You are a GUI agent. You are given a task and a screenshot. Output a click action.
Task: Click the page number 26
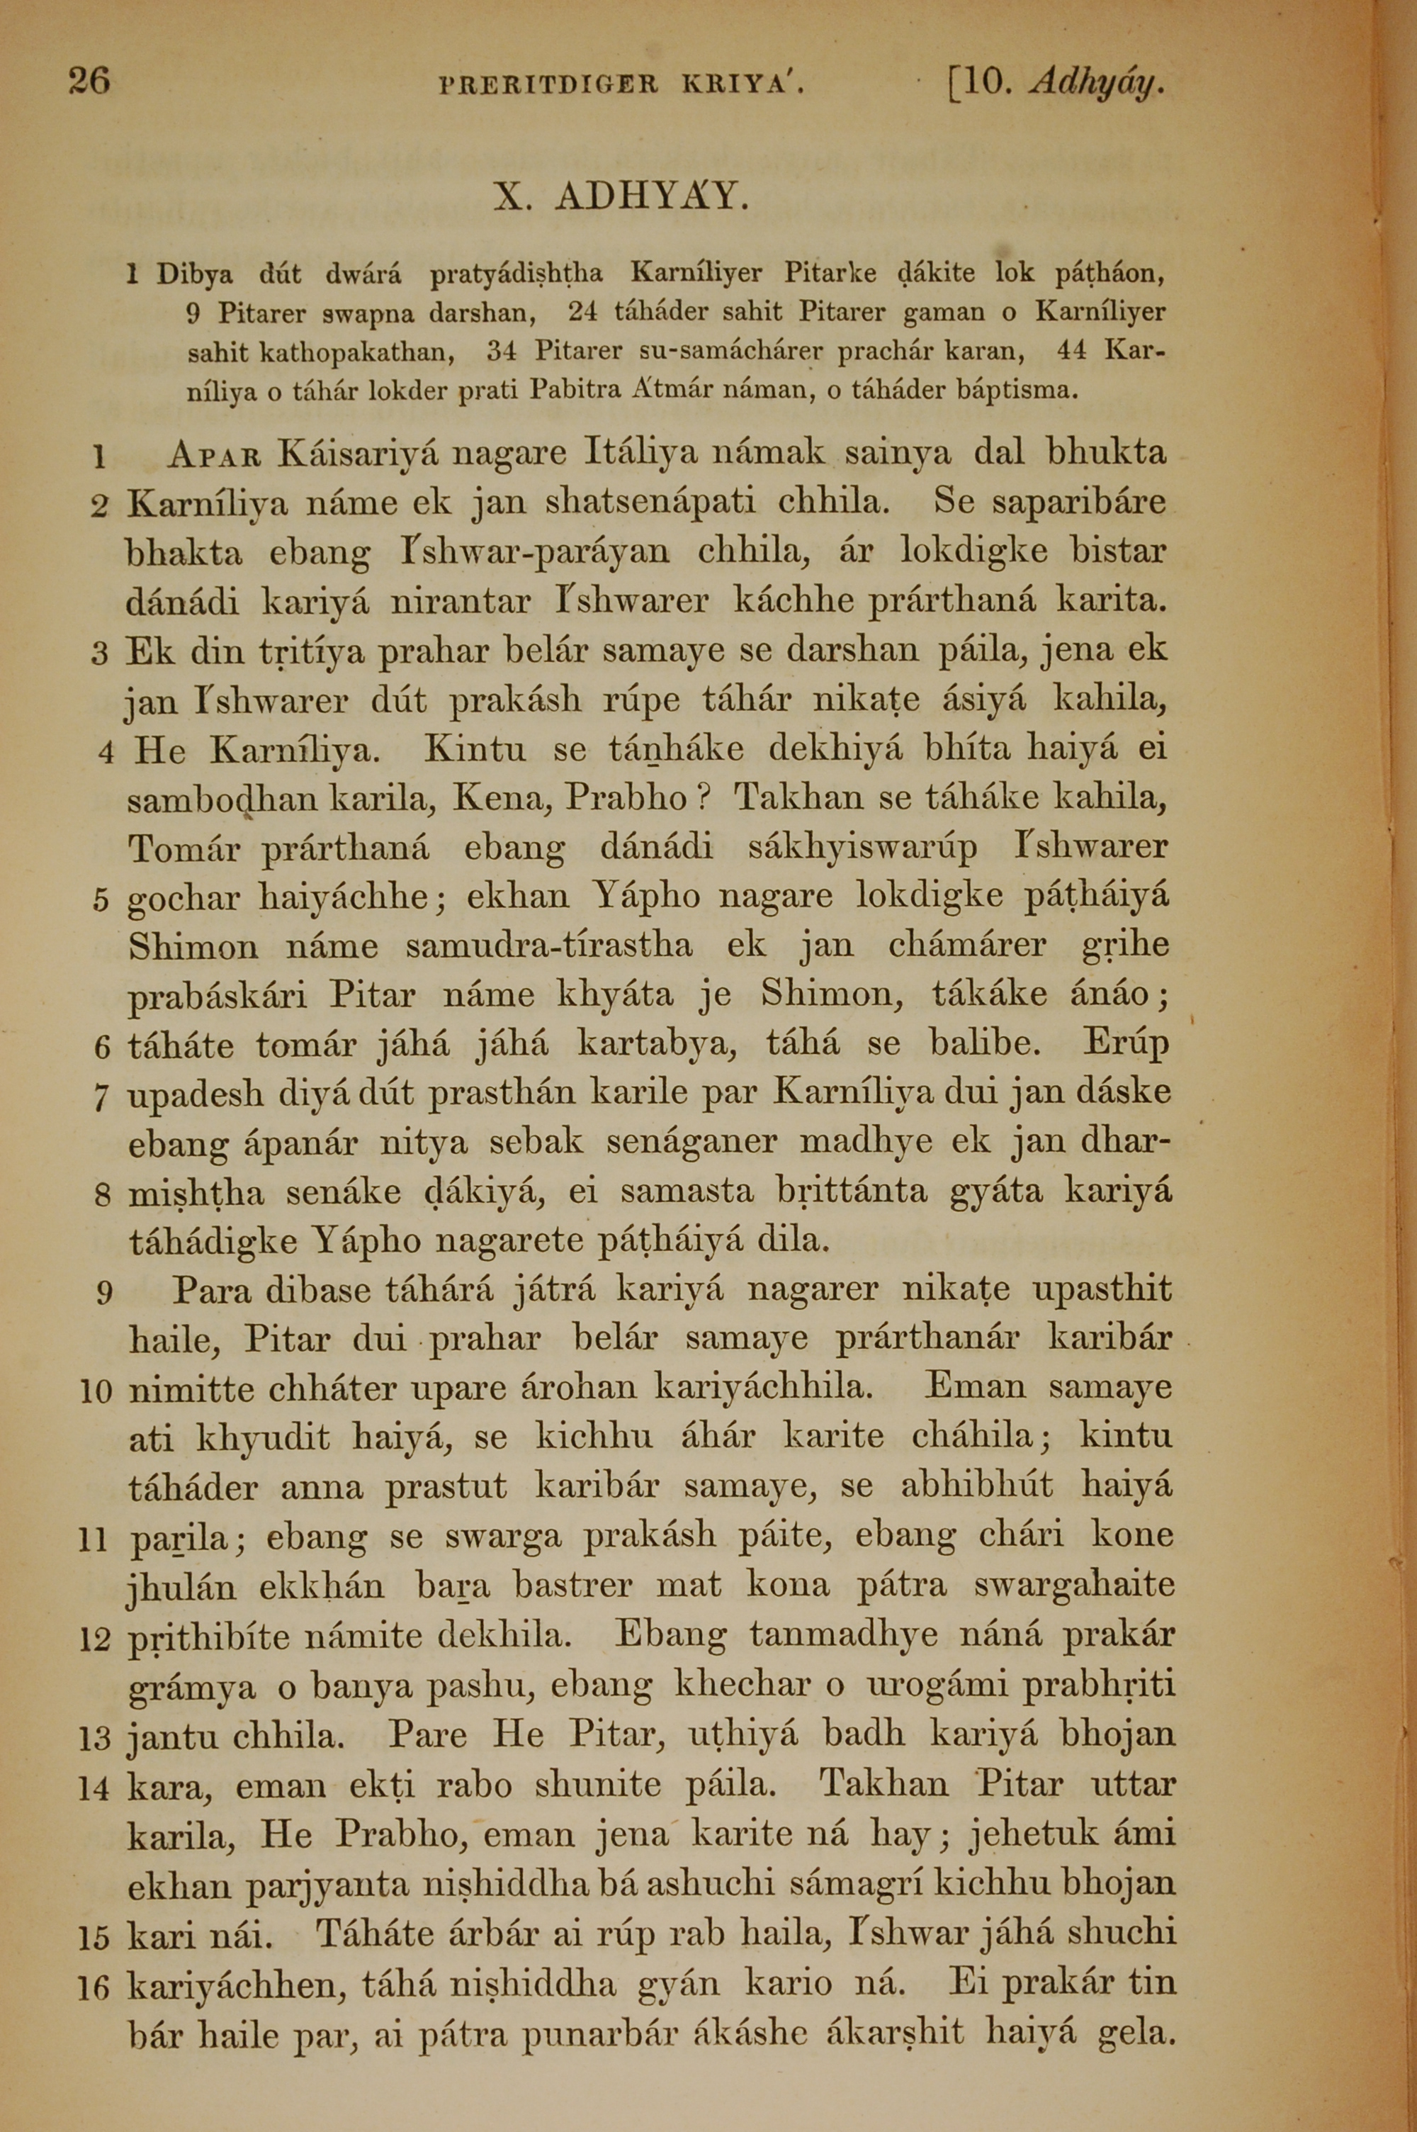(x=89, y=82)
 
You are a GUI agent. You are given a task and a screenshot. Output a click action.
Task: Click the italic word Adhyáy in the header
(x=1095, y=85)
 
